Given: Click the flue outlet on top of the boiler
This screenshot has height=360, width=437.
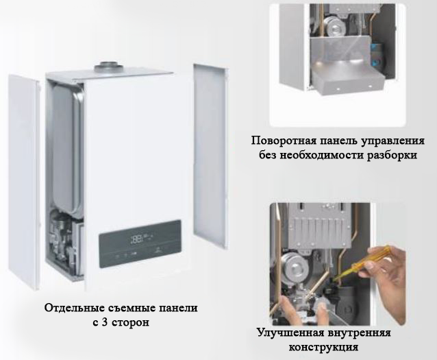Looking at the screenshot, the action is (108, 67).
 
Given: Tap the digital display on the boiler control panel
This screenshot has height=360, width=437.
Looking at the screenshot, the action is (140, 239).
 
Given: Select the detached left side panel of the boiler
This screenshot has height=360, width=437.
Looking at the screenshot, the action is (24, 182).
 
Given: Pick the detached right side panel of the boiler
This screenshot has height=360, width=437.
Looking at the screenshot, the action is (211, 157).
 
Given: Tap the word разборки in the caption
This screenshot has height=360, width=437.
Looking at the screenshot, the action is (392, 155).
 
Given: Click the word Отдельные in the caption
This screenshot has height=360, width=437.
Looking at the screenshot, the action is (74, 309).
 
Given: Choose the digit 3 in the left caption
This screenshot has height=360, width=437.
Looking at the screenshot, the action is (104, 322).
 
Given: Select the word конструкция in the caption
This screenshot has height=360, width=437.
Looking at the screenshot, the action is (323, 348).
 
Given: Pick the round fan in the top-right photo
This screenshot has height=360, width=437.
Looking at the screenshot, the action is (334, 25).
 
